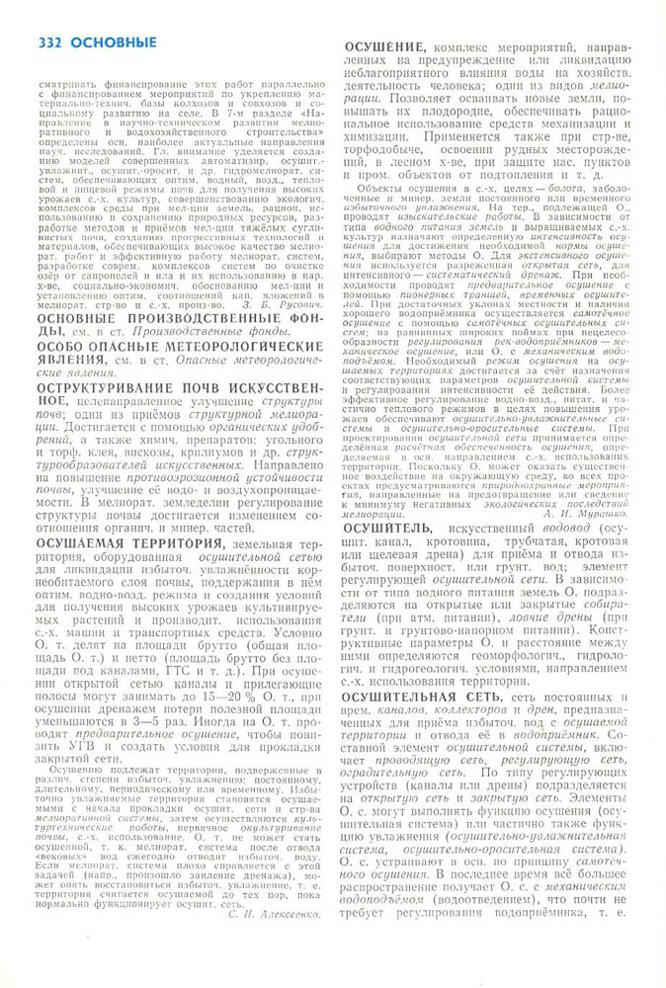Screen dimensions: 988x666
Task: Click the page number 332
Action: (49, 42)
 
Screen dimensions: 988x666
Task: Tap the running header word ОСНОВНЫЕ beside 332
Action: (113, 42)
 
